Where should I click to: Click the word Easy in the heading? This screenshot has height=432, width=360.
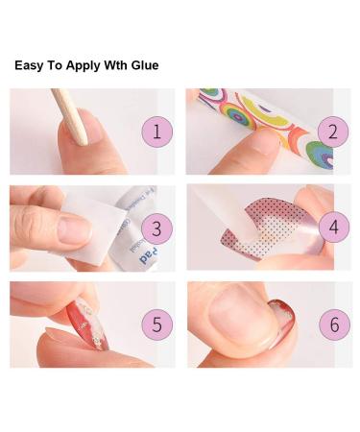pyautogui.click(x=31, y=66)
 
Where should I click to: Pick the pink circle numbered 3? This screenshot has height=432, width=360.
pyautogui.click(x=155, y=228)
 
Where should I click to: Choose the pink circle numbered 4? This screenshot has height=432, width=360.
pyautogui.click(x=333, y=228)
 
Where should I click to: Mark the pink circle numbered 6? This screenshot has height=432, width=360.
pyautogui.click(x=333, y=324)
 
